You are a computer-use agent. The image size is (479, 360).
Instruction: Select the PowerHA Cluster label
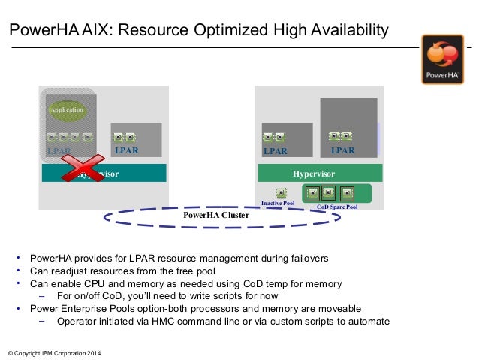pos(216,213)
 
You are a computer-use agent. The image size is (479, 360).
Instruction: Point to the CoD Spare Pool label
pos(337,207)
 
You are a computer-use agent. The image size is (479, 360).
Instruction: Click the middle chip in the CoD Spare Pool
pos(330,192)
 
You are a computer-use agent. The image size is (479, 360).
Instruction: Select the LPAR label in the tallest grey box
pos(342,150)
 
